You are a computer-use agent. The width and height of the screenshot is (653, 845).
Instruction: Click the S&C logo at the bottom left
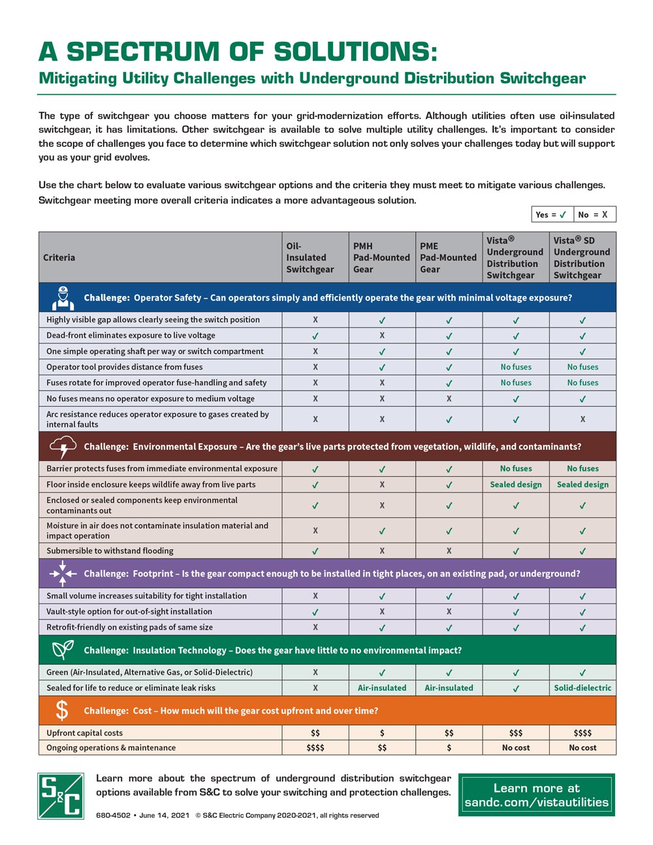[61, 795]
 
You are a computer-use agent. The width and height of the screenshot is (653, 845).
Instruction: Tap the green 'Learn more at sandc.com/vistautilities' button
[536, 795]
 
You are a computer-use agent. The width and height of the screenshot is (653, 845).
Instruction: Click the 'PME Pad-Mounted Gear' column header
[449, 257]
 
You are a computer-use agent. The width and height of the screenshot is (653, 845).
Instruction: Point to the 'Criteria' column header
[59, 257]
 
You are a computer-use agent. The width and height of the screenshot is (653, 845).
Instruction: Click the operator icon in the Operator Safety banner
[63, 298]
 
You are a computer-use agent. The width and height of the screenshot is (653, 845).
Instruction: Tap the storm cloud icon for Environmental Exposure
[63, 447]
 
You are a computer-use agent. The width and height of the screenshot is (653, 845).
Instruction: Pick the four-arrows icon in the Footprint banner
[63, 573]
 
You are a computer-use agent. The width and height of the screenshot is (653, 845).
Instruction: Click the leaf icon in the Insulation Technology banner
[63, 650]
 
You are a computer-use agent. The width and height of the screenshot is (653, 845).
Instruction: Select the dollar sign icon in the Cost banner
[62, 710]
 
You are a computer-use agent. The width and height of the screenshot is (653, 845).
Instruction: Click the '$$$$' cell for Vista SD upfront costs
[582, 733]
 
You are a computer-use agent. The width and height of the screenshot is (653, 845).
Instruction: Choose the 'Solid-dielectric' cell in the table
[582, 688]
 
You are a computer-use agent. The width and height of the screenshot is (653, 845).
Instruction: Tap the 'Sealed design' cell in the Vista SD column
[582, 485]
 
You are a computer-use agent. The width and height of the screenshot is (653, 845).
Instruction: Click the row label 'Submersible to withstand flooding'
[110, 550]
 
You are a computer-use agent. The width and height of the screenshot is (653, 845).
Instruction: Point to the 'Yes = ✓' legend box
[552, 214]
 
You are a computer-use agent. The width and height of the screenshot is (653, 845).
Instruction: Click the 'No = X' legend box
[594, 214]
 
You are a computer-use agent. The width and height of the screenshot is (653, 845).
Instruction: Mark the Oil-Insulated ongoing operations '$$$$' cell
[315, 748]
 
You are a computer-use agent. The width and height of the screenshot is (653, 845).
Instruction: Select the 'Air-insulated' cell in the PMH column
[382, 688]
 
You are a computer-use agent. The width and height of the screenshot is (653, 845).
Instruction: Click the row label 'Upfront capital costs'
[84, 733]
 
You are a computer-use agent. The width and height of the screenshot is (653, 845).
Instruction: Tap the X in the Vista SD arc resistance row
[582, 419]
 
